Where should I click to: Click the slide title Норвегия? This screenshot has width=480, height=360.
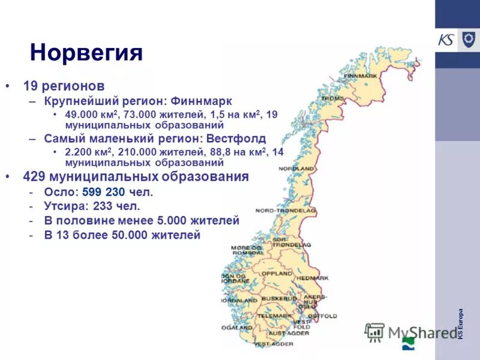[x=86, y=52]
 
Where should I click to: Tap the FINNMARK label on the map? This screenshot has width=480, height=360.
[x=361, y=76]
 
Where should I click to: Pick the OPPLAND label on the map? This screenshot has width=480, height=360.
[x=276, y=274]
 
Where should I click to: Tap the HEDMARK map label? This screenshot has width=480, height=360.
[x=313, y=278]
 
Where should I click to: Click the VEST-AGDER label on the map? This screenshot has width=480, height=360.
[x=274, y=344]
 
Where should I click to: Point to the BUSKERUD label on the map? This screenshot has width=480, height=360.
[x=279, y=298]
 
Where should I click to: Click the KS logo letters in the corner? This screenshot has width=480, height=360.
[x=446, y=40]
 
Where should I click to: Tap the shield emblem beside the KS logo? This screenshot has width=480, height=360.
[x=468, y=40]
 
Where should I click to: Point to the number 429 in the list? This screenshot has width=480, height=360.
[x=35, y=177]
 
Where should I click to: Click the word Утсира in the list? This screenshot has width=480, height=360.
[x=64, y=207]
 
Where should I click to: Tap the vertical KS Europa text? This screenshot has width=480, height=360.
[x=461, y=324]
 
